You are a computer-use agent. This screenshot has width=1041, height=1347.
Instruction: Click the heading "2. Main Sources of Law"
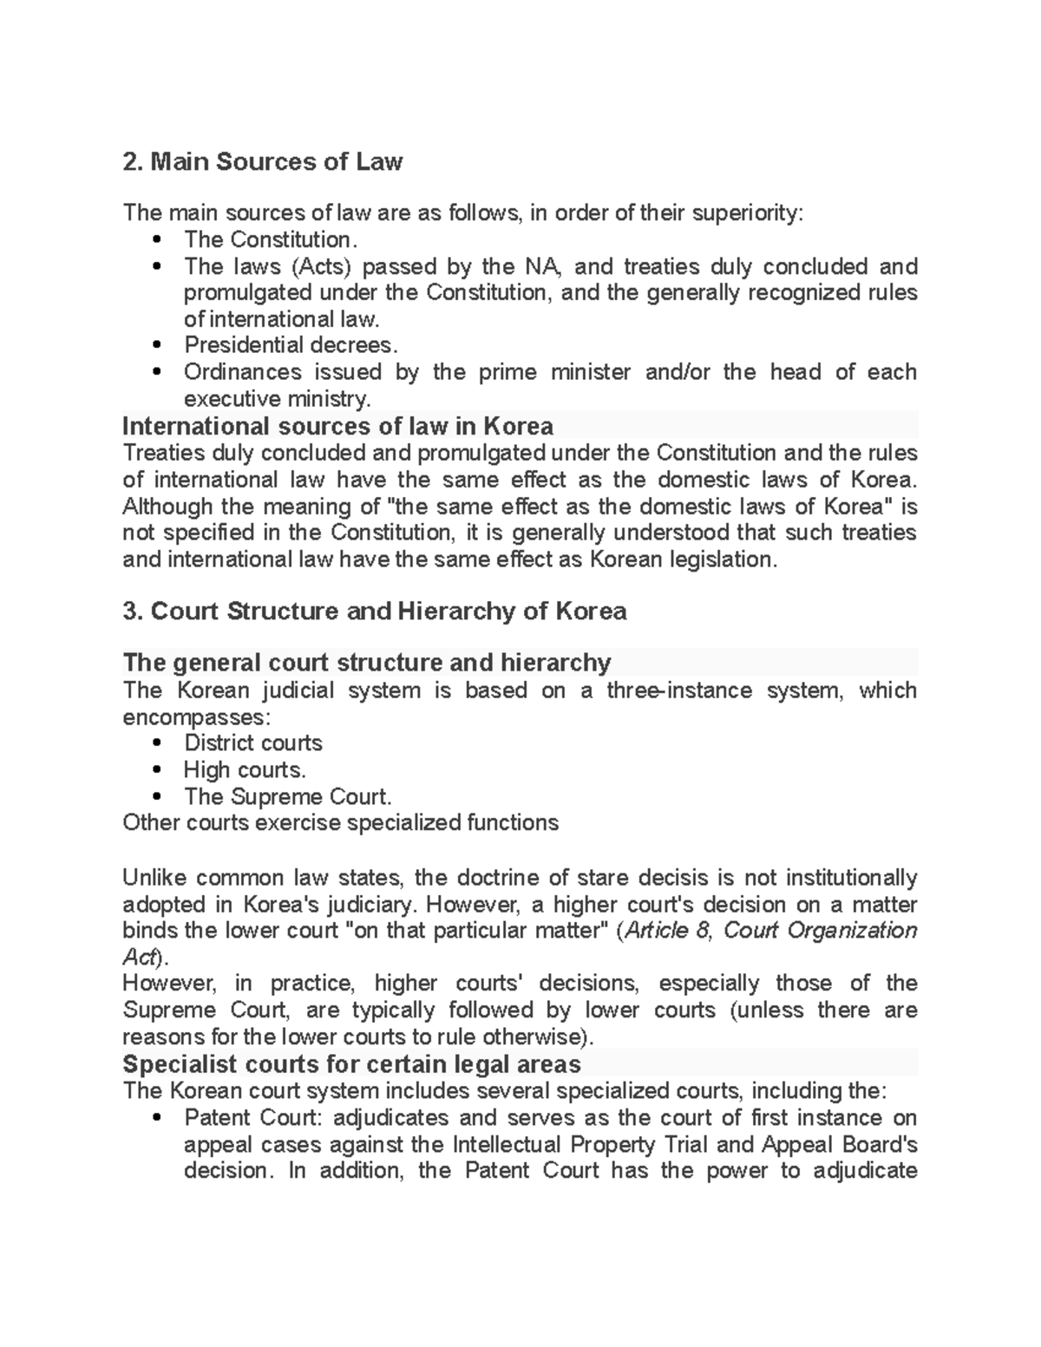pos(262,161)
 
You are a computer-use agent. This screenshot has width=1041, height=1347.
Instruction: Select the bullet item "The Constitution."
pos(270,239)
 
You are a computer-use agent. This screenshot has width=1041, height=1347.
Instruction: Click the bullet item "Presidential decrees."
pos(291,345)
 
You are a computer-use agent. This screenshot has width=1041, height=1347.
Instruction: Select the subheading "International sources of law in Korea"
pos(337,426)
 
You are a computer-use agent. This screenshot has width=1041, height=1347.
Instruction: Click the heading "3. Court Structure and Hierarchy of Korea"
pos(374,611)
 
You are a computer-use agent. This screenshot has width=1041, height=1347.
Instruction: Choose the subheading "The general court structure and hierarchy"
pos(366,664)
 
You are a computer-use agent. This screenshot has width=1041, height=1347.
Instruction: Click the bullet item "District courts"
pos(252,743)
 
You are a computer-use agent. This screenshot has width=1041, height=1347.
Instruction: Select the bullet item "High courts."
pos(245,770)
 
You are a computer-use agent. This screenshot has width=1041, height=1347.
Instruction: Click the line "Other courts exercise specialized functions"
pos(340,822)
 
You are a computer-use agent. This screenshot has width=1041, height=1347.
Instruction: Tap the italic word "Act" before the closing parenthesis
pos(138,958)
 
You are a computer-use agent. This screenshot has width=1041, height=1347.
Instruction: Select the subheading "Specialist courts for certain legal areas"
pos(351,1064)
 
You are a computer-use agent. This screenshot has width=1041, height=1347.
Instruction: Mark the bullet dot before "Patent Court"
pos(157,1118)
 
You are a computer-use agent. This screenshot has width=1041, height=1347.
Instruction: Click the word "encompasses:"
pos(196,717)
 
